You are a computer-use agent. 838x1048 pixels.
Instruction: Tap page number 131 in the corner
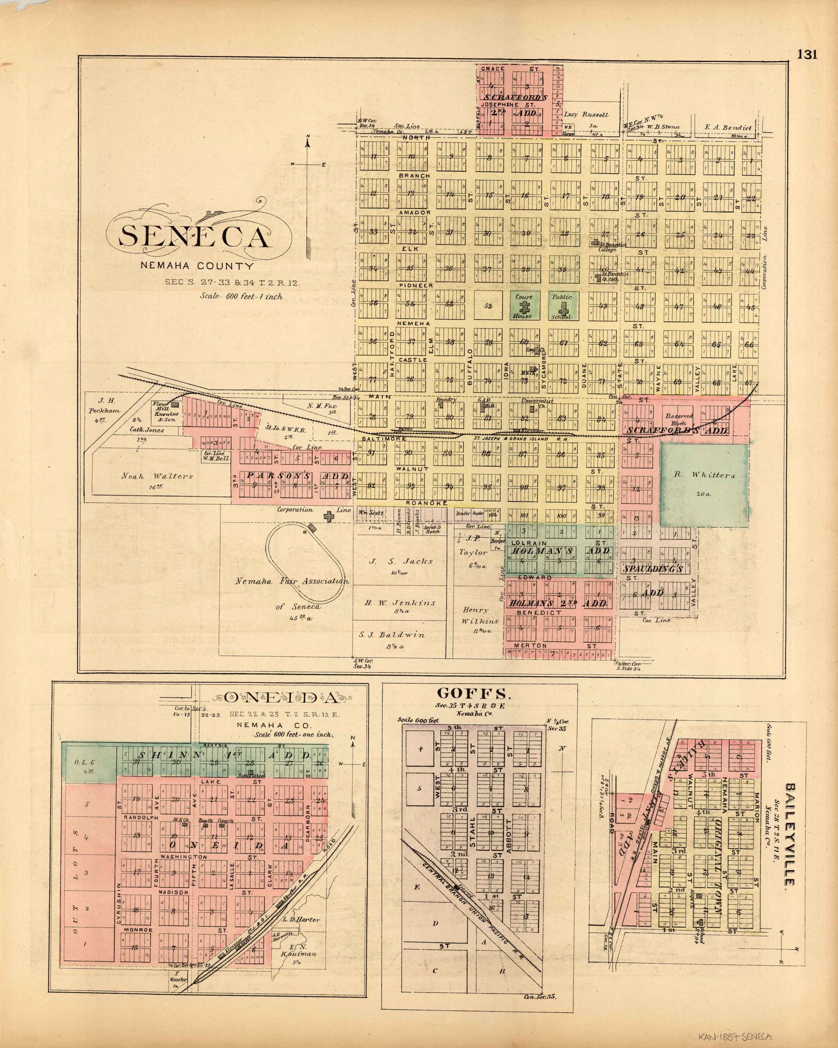tap(807, 54)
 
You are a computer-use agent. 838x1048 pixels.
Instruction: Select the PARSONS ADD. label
tap(299, 476)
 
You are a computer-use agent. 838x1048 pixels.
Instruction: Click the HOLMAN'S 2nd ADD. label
tap(558, 603)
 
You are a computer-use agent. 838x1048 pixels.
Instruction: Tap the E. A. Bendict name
tap(728, 128)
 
